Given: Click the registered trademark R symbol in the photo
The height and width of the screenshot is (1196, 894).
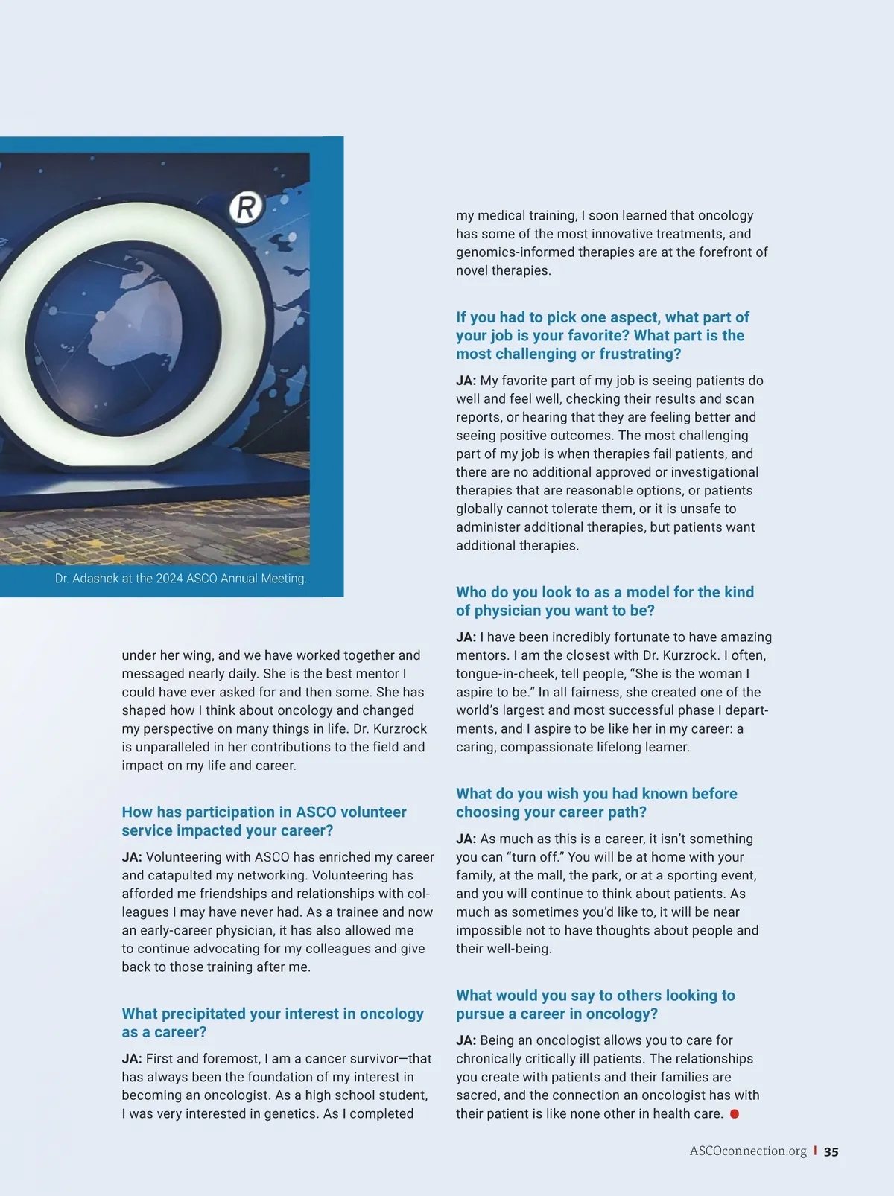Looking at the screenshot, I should (246, 207).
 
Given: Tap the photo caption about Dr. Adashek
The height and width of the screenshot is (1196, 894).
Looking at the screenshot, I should (180, 579).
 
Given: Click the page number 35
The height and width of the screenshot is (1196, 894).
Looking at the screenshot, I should (831, 1151).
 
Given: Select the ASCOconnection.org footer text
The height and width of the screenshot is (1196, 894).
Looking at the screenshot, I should (748, 1151).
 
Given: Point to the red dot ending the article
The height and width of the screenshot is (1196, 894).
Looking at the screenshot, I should (734, 1114).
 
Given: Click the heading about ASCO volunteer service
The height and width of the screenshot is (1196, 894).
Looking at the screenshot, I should (264, 821).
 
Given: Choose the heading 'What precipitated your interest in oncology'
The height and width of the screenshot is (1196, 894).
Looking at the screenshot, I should (273, 1022).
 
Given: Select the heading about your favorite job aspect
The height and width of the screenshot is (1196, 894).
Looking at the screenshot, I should (602, 336).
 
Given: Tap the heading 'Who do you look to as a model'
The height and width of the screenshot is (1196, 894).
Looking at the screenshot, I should (604, 601).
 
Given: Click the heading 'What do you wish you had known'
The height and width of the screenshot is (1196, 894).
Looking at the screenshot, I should (596, 803).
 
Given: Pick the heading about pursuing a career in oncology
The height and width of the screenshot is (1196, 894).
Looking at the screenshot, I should (595, 1005).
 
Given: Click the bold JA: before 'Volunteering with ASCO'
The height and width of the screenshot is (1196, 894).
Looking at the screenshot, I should (132, 857).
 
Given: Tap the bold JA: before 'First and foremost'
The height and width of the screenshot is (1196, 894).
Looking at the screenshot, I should (132, 1059).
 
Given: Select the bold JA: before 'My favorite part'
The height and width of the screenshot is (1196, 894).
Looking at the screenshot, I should (466, 381).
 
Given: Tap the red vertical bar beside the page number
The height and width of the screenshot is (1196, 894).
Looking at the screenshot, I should (815, 1151).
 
